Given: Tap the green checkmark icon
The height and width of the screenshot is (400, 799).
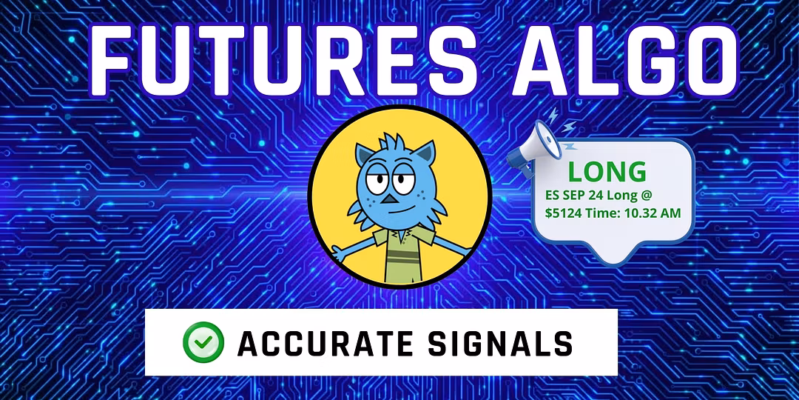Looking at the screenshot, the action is [203, 341].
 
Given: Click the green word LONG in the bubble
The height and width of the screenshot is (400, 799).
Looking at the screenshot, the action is [607, 173].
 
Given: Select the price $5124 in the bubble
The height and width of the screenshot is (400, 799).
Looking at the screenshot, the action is [563, 213].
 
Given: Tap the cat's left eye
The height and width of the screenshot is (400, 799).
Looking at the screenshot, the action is [377, 181].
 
